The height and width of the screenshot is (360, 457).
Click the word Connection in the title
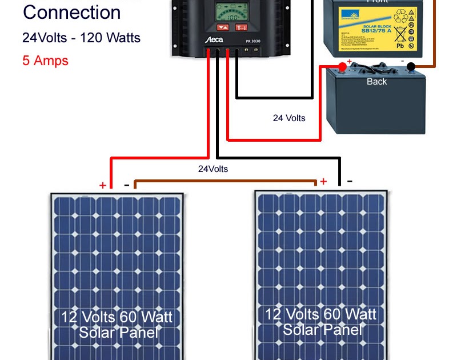[71, 13]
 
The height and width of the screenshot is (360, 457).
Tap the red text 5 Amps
[45, 60]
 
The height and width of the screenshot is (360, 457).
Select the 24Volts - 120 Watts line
[81, 38]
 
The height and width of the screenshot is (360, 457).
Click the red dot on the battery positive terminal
[342, 67]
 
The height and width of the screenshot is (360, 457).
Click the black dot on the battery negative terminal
[411, 67]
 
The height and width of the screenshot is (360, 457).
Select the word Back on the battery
[376, 82]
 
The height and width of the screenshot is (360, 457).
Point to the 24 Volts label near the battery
[289, 118]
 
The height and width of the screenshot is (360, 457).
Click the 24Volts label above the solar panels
[213, 169]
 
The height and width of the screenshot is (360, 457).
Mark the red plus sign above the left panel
[103, 185]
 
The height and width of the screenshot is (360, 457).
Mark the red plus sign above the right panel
[323, 181]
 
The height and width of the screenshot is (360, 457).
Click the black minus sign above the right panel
[349, 181]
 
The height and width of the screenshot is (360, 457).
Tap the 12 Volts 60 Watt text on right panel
[320, 314]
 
